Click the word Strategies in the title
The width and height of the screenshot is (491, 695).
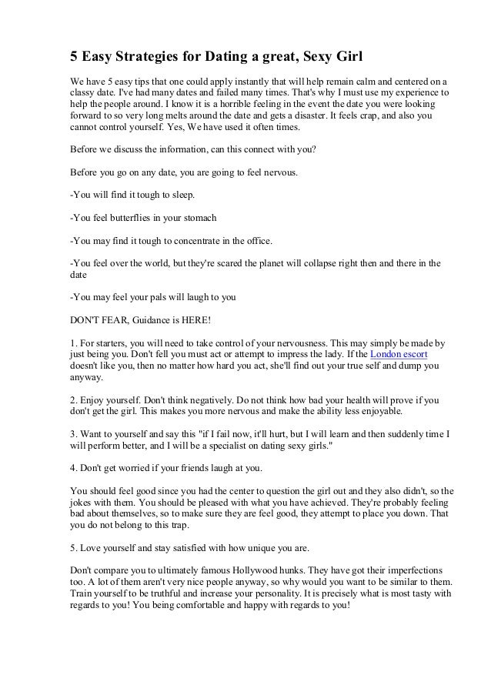(160, 58)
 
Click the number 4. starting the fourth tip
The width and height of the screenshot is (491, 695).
(74, 466)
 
